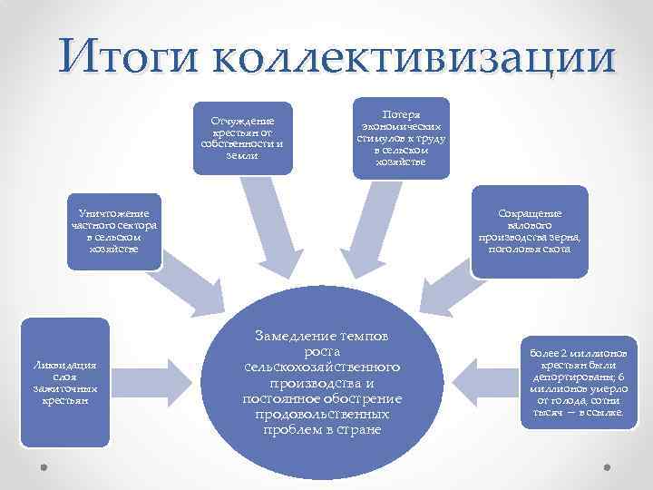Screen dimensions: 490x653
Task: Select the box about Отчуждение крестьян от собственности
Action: click(x=247, y=136)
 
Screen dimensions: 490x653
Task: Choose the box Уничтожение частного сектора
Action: click(x=114, y=231)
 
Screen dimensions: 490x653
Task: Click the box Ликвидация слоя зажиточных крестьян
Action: click(x=64, y=381)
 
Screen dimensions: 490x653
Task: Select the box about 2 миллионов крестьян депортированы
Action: click(x=572, y=381)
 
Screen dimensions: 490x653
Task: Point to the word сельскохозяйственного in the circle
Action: click(x=323, y=367)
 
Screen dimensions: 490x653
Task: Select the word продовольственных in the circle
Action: click(x=323, y=414)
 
